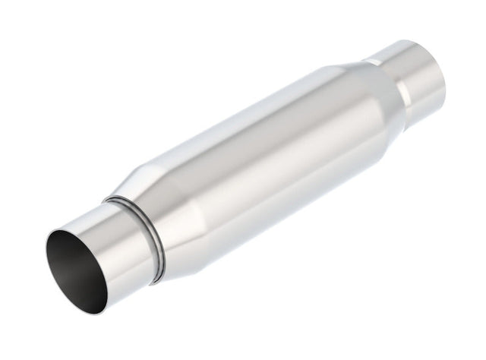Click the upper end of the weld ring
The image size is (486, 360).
(114, 199)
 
